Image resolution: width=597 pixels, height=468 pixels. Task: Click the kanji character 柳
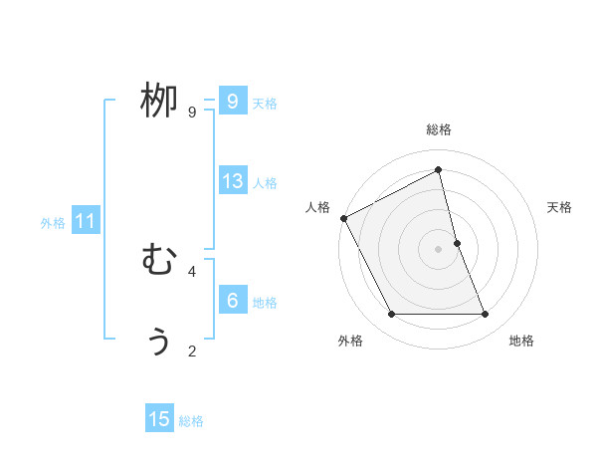click(x=159, y=102)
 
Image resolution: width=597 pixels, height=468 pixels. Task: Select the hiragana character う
click(x=159, y=341)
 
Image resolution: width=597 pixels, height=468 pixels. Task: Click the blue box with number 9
click(x=232, y=102)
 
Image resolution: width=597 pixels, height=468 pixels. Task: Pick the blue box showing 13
click(x=232, y=181)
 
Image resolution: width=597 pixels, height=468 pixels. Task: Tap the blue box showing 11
click(x=85, y=222)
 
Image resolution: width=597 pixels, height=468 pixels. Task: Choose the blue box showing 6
click(x=232, y=301)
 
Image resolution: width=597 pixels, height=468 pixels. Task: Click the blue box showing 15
click(x=159, y=419)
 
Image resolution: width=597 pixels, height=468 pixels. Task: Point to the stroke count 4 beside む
click(x=192, y=271)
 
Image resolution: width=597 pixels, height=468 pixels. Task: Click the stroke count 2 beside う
click(x=192, y=351)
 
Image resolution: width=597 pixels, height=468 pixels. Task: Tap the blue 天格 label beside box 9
click(x=265, y=104)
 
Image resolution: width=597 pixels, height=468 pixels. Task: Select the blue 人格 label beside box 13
click(x=265, y=183)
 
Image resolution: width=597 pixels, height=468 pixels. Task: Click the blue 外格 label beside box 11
click(x=53, y=223)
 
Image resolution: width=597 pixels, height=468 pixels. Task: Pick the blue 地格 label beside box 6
click(x=265, y=303)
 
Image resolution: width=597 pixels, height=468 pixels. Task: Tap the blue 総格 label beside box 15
click(x=191, y=421)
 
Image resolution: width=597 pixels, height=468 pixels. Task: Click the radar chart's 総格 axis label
click(x=439, y=129)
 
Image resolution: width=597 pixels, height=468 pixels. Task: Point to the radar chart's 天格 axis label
click(x=559, y=207)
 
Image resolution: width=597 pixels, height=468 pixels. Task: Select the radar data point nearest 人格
click(x=343, y=218)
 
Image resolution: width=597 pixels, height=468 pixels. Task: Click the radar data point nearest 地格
click(x=486, y=315)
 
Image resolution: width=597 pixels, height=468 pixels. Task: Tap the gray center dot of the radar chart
click(x=439, y=249)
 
